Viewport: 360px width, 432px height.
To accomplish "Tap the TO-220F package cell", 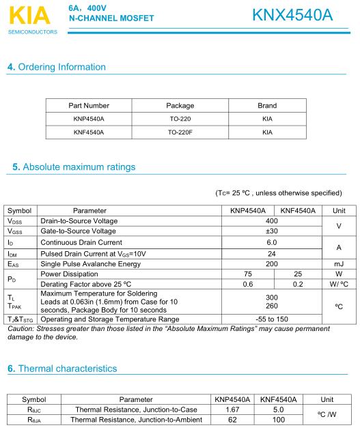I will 180,132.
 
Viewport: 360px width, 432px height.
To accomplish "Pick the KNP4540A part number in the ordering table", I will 89,119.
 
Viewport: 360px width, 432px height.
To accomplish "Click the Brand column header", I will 267,106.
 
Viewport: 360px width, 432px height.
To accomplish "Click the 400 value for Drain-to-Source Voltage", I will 272,221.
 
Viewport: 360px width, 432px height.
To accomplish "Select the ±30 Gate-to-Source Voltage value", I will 272,231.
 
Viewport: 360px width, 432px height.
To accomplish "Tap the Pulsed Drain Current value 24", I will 272,253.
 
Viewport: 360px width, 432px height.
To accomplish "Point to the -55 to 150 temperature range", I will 272,319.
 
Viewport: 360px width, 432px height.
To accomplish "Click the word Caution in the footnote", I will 19,329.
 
